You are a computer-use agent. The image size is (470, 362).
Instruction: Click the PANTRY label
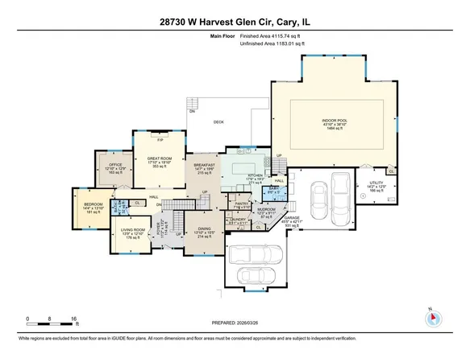point(240,204)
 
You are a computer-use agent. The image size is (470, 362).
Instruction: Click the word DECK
point(218,122)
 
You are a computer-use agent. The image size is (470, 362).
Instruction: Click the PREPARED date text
point(235,323)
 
